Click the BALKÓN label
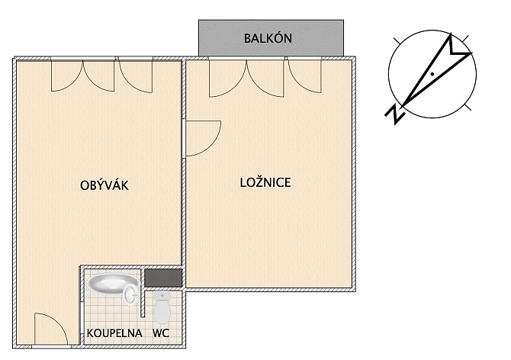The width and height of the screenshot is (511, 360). click(268, 38)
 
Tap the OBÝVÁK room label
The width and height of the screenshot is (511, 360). click(104, 185)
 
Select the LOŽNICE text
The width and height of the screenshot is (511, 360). click(265, 182)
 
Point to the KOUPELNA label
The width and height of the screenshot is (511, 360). click(114, 333)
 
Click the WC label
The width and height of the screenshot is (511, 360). click(161, 333)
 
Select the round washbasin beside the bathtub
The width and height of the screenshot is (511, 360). click(131, 294)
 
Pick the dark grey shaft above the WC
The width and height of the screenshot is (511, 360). click(163, 278)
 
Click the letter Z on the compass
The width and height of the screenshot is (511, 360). click(395, 114)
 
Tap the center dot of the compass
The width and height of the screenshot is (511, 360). click(432, 74)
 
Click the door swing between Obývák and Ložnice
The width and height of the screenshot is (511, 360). click(204, 138)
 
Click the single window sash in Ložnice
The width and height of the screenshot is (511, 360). click(305, 76)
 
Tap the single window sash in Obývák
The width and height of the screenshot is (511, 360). click(136, 76)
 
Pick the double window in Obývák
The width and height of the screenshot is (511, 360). click(83, 75)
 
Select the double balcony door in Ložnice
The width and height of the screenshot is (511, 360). click(246, 78)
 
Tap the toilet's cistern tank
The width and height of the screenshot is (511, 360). click(162, 296)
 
